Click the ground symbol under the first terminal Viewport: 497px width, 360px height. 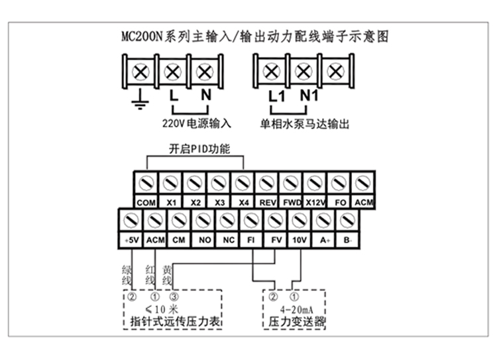pyautogui.click(x=139, y=101)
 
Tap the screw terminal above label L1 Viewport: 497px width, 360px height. pyautogui.click(x=270, y=72)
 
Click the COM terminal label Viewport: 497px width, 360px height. pyautogui.click(x=145, y=202)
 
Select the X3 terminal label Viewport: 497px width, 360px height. pyautogui.click(x=218, y=202)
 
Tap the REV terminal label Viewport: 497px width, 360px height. pyautogui.click(x=266, y=202)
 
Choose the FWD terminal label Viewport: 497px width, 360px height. pyautogui.click(x=291, y=202)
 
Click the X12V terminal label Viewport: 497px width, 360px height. pyautogui.click(x=315, y=202)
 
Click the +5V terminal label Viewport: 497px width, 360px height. pyautogui.click(x=129, y=239)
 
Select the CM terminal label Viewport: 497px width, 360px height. pyautogui.click(x=178, y=239)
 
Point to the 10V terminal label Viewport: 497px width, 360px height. pyautogui.click(x=299, y=239)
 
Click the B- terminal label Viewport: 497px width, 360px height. pyautogui.click(x=347, y=239)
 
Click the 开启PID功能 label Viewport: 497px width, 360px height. pyautogui.click(x=195, y=149)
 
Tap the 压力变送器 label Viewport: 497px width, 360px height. pyautogui.click(x=292, y=322)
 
